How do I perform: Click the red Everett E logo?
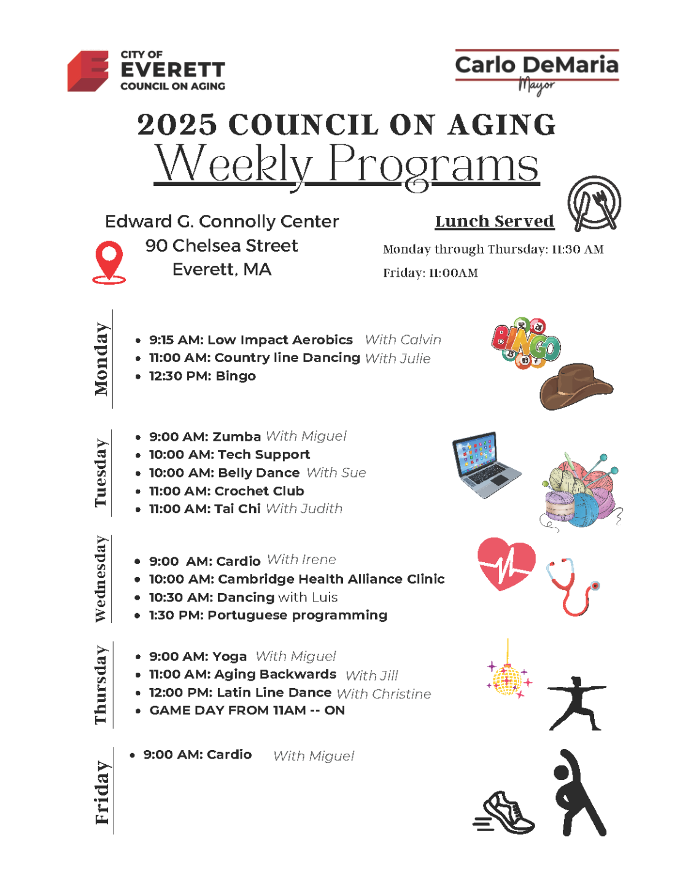coord(88,71)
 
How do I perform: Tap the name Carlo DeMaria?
coord(536,65)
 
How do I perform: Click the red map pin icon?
coord(109,261)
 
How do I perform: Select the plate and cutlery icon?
coord(593,203)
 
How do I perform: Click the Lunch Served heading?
coord(494,221)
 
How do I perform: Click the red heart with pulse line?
coord(506,563)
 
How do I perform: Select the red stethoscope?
coord(572,586)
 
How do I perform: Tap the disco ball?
coord(508,679)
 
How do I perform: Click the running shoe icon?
coord(505,813)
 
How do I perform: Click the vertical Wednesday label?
coord(101,579)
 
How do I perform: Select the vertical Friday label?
coord(102,792)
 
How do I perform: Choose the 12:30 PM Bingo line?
coord(203,376)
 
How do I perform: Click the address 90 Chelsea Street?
coord(222,246)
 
